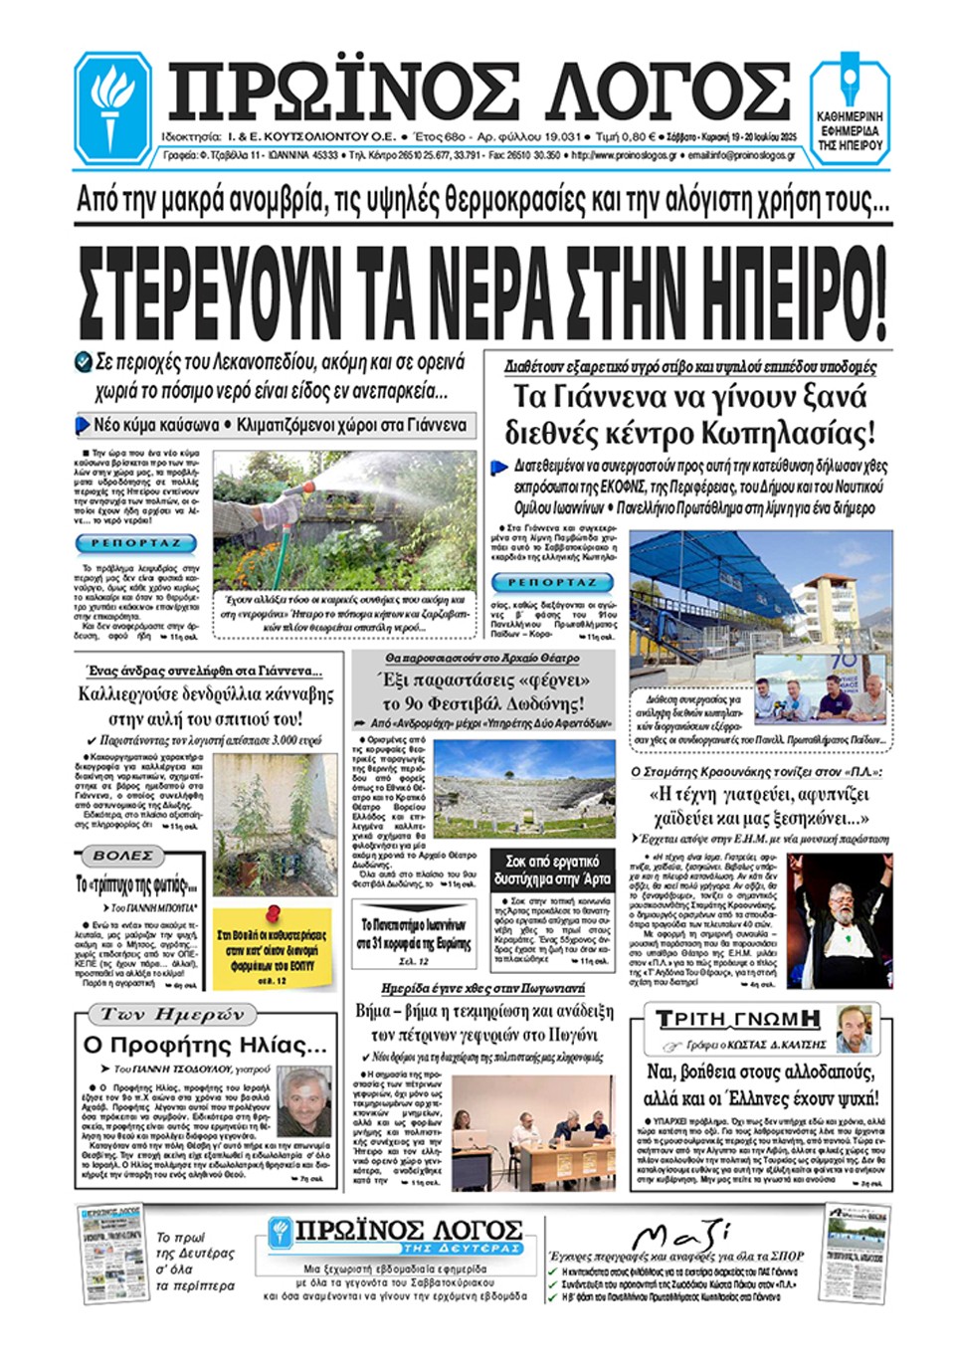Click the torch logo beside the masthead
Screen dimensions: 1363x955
[x=113, y=105]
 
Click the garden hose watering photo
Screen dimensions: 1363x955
[x=344, y=520]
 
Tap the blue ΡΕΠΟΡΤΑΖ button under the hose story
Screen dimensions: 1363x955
[x=136, y=543]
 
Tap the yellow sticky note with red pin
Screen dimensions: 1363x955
[x=272, y=947]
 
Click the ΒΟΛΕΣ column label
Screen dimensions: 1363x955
[x=122, y=856]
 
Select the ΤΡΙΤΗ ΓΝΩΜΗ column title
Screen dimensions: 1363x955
[x=738, y=1019]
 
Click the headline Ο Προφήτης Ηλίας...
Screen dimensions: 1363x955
[x=205, y=1045]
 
